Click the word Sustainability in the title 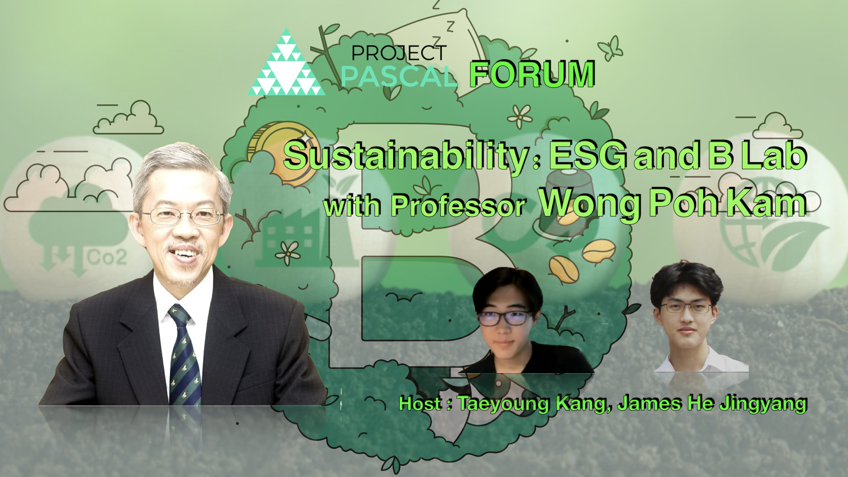tap(406, 156)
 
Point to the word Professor tap(458, 206)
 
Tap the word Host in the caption tap(420, 403)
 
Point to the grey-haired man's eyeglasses tap(182, 216)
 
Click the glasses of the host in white tap(686, 308)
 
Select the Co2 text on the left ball tap(107, 257)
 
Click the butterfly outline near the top tap(610, 48)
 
